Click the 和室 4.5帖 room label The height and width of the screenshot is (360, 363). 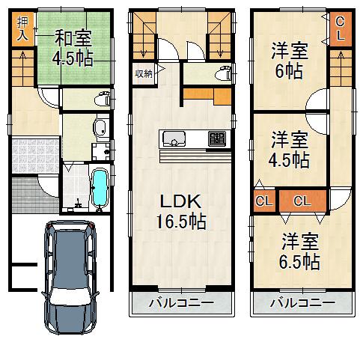[x=73, y=48]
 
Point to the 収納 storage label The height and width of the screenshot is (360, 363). [x=144, y=73]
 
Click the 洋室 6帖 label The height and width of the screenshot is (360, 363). [x=288, y=62]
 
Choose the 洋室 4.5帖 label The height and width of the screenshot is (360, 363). [x=289, y=149]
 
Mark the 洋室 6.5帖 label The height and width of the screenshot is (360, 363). [x=301, y=251]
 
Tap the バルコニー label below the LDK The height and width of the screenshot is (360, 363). [x=180, y=304]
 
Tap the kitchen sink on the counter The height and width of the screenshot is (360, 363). [x=174, y=138]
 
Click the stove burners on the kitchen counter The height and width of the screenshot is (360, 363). [x=216, y=138]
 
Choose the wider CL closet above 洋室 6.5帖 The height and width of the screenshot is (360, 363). [x=302, y=201]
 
